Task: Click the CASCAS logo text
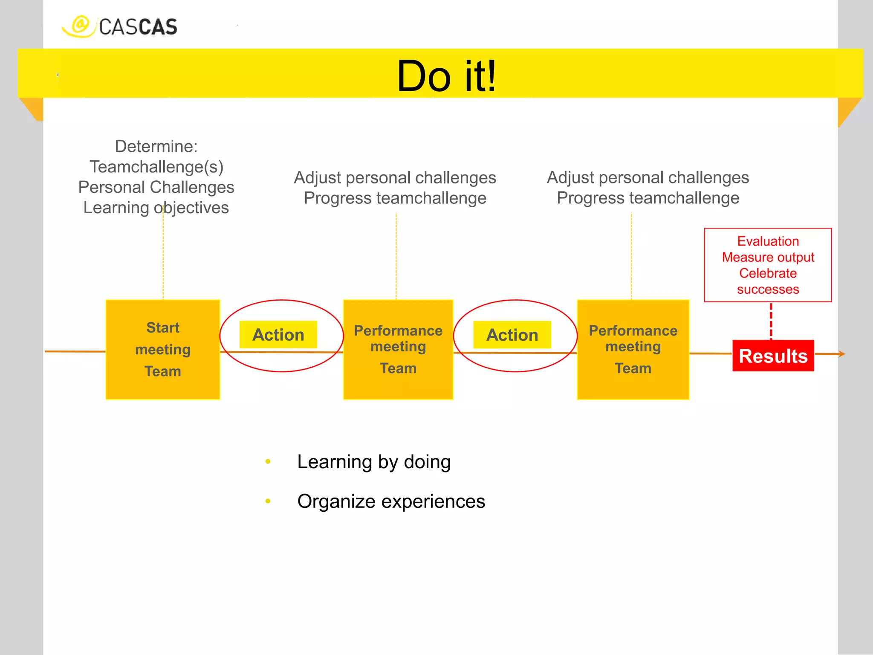(x=138, y=27)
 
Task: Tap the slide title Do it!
(x=446, y=76)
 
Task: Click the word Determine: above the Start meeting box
(x=156, y=146)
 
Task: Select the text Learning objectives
(x=156, y=208)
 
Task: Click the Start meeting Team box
(x=163, y=350)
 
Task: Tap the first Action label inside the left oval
(x=278, y=335)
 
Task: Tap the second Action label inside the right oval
(x=512, y=335)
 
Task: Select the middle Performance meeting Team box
(x=398, y=350)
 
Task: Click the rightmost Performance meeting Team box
(x=633, y=350)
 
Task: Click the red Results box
(x=773, y=356)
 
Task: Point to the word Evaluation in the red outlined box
(x=768, y=241)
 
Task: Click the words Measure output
(x=768, y=258)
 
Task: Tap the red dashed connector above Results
(x=771, y=321)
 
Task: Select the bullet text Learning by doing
(x=374, y=462)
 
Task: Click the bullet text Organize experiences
(x=391, y=501)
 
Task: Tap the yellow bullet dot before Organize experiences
(x=268, y=501)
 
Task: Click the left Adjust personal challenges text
(x=395, y=178)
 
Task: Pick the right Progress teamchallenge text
(x=648, y=198)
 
